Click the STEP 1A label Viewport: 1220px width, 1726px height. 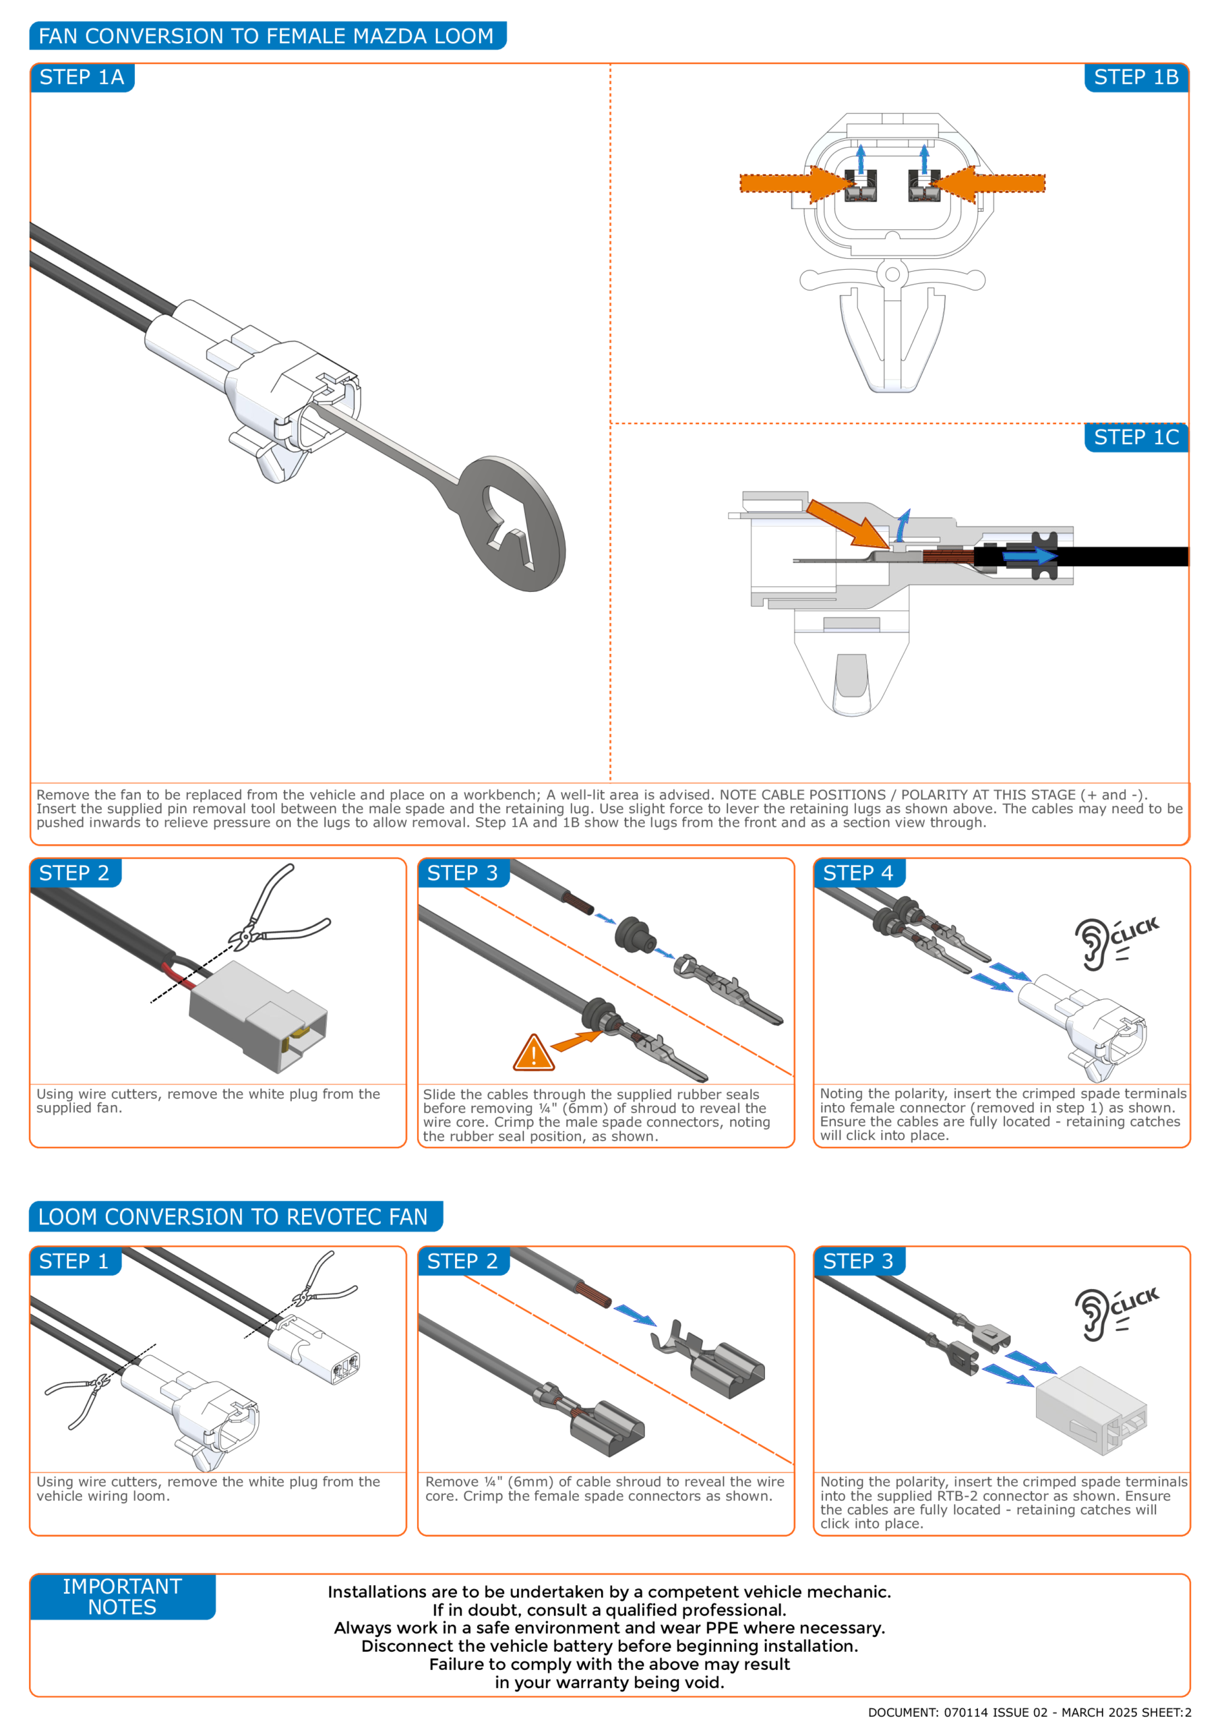pyautogui.click(x=82, y=78)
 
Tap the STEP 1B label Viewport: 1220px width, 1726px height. pyautogui.click(x=1136, y=78)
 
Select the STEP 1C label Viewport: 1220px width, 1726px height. pyautogui.click(x=1136, y=438)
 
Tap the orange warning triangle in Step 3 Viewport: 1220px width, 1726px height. pyautogui.click(x=534, y=1052)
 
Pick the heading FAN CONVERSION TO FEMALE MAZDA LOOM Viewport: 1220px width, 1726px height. pyautogui.click(x=266, y=36)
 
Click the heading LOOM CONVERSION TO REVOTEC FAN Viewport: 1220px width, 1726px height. pyautogui.click(x=233, y=1217)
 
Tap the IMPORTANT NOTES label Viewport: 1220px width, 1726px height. pyautogui.click(x=123, y=1597)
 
